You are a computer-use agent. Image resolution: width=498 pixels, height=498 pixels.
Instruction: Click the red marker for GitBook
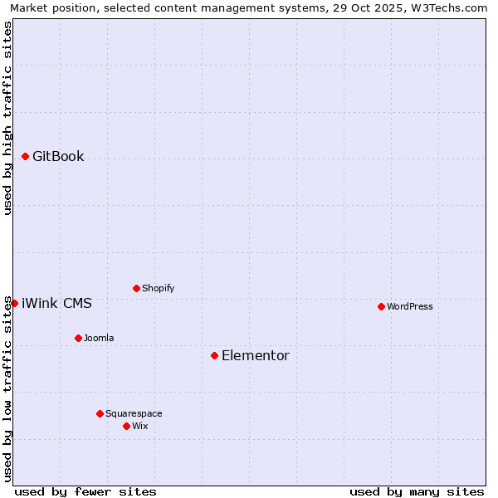pos(25,156)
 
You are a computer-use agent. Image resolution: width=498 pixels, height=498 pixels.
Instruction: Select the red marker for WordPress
pos(381,306)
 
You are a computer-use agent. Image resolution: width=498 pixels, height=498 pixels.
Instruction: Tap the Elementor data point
pos(214,355)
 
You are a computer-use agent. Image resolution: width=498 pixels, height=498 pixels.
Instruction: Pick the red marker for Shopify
pos(136,288)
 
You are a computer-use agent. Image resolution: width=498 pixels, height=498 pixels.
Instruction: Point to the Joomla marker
pos(78,338)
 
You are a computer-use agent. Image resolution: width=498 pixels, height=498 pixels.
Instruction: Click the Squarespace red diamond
pos(100,413)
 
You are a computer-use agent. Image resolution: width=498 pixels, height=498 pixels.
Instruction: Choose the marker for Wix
pos(126,426)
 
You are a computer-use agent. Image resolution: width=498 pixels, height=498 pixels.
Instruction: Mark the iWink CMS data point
pos(14,303)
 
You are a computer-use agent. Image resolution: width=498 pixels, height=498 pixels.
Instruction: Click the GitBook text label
pos(58,156)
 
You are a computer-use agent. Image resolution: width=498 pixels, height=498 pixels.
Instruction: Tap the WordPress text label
pos(410,306)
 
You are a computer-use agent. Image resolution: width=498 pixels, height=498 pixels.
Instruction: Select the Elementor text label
pos(256,355)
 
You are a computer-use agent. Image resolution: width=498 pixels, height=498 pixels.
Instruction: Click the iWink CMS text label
pos(56,303)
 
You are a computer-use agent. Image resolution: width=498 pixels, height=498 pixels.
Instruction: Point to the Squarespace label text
pos(134,413)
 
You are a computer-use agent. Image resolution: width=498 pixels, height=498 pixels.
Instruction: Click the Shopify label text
pos(158,288)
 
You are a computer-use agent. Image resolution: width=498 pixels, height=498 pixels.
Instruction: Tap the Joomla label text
pos(99,338)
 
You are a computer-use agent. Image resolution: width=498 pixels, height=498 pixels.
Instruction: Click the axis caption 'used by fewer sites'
pos(85,491)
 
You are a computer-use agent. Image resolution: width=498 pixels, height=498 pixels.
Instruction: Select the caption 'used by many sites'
pos(417,491)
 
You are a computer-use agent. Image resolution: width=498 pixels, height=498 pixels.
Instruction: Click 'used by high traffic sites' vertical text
pos(7,118)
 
